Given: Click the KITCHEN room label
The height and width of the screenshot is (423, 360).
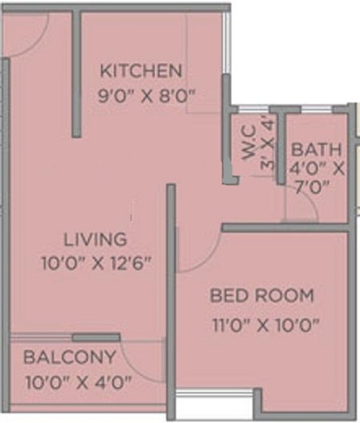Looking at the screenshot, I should click(x=140, y=71).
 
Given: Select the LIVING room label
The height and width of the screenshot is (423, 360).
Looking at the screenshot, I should click(x=95, y=240).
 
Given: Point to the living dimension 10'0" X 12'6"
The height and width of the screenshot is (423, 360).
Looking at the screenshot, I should click(x=96, y=263).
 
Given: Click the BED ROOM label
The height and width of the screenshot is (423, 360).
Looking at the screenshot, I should click(x=262, y=296).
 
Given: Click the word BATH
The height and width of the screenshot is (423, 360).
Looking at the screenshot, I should click(x=316, y=150).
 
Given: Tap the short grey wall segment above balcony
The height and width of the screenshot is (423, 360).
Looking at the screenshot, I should click(x=96, y=337).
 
